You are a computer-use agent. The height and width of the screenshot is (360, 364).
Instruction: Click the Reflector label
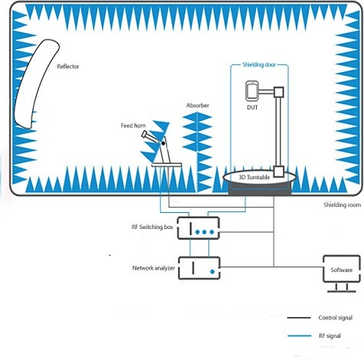click(x=68, y=67)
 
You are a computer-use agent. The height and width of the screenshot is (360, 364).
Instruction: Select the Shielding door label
click(x=259, y=64)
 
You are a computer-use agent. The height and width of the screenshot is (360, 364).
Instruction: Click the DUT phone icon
click(x=252, y=91)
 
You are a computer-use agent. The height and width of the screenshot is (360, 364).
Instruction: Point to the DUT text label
click(x=252, y=107)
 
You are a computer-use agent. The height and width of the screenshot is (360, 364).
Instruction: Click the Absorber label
click(x=198, y=105)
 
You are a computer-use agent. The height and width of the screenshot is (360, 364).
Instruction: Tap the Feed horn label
click(x=133, y=126)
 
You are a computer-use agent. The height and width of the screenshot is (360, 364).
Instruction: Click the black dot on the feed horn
click(x=163, y=143)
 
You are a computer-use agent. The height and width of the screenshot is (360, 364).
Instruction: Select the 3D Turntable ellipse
click(x=260, y=178)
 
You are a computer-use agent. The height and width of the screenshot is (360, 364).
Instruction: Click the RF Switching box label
click(x=152, y=227)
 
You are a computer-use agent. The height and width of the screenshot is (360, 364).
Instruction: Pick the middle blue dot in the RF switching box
click(x=205, y=232)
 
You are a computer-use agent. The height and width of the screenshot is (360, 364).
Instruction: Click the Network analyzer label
click(x=153, y=268)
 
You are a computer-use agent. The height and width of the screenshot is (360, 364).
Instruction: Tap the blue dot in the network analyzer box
click(x=212, y=272)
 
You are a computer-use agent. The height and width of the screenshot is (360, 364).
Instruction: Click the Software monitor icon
click(x=342, y=273)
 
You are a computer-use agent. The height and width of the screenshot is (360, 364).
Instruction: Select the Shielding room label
click(x=342, y=205)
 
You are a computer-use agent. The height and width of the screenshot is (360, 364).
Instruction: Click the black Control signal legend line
click(x=299, y=318)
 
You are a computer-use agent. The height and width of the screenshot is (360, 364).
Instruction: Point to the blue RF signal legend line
click(x=300, y=335)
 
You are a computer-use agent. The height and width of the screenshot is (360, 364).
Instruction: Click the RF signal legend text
click(x=330, y=335)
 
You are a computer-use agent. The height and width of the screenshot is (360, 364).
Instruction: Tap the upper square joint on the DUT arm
click(x=279, y=92)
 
